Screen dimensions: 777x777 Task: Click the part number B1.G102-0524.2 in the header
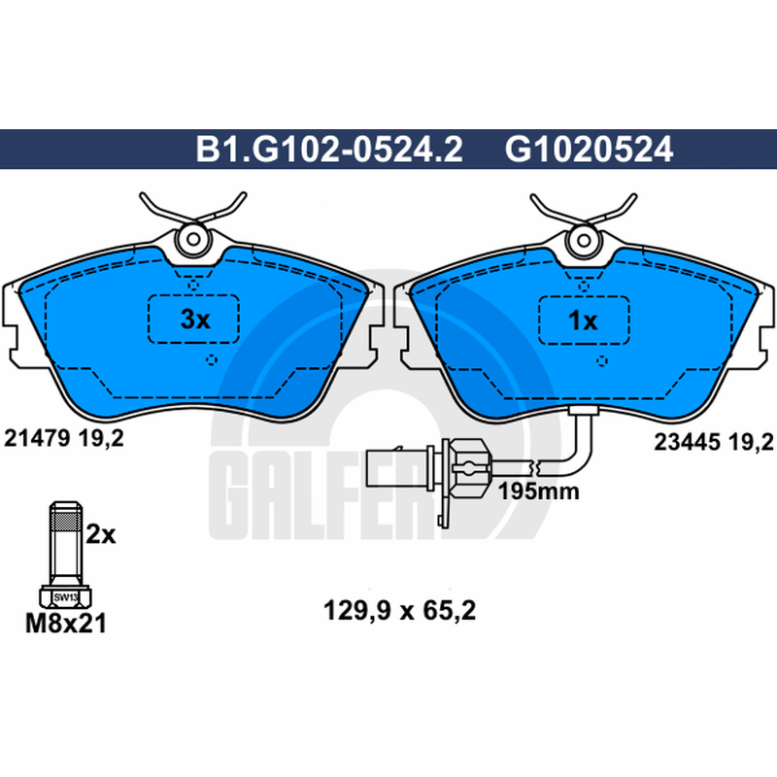pyautogui.click(x=329, y=150)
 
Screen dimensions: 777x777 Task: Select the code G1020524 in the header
pyautogui.click(x=589, y=150)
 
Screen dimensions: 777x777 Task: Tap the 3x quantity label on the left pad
pyautogui.click(x=195, y=320)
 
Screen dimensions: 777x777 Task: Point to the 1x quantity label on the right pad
pyautogui.click(x=583, y=321)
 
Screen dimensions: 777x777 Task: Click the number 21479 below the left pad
pyautogui.click(x=36, y=439)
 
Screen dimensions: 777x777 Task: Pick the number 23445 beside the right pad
pyautogui.click(x=687, y=442)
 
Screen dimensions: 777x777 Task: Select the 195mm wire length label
pyautogui.click(x=538, y=491)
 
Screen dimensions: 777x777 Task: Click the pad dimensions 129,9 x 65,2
pyautogui.click(x=399, y=611)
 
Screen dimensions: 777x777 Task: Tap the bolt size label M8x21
pyautogui.click(x=66, y=624)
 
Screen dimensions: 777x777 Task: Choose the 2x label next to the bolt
pyautogui.click(x=101, y=535)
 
